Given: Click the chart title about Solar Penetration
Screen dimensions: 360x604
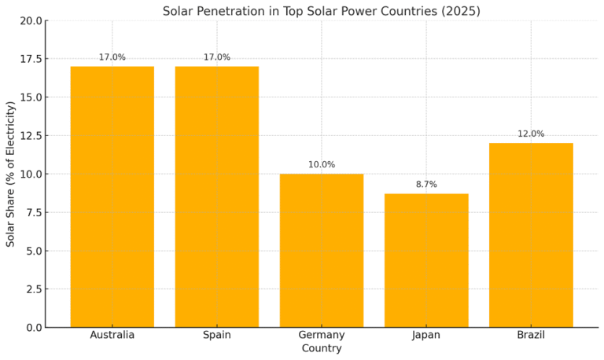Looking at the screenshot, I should click(x=321, y=11).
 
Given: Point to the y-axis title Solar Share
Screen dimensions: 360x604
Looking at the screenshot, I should click(x=11, y=174).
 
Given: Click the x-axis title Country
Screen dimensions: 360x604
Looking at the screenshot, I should click(x=322, y=348).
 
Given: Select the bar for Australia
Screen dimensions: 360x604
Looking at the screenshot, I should click(x=112, y=197).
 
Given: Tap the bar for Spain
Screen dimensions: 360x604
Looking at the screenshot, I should click(x=217, y=197).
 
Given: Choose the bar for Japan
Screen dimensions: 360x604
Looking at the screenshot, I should click(x=426, y=260).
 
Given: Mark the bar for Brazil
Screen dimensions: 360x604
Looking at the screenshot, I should click(x=531, y=235).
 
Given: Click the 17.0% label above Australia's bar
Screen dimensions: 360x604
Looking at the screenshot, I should click(x=112, y=57).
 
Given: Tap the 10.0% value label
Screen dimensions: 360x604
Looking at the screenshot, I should click(x=322, y=165).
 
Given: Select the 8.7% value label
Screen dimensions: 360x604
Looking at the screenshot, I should click(x=426, y=185).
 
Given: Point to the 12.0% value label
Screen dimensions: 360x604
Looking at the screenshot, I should click(x=531, y=134).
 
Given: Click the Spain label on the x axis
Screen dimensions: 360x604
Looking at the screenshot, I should click(x=217, y=335).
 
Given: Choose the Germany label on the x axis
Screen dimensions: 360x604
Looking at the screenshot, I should click(x=322, y=335).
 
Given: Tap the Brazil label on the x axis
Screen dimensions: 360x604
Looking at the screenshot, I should click(x=531, y=335).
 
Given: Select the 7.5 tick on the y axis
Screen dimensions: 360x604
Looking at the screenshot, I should click(x=33, y=212).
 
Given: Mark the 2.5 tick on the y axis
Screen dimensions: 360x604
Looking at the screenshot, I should click(x=33, y=289).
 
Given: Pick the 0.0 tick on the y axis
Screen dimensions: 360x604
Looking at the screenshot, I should click(x=33, y=328).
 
